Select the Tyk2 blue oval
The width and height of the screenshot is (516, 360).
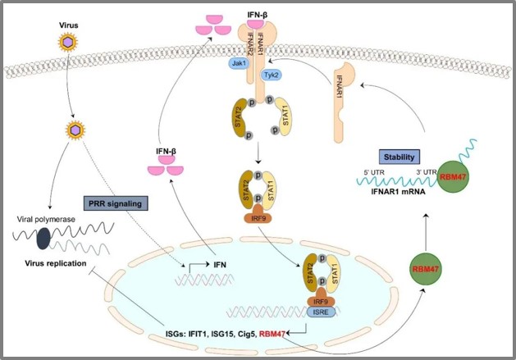click(270, 75)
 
